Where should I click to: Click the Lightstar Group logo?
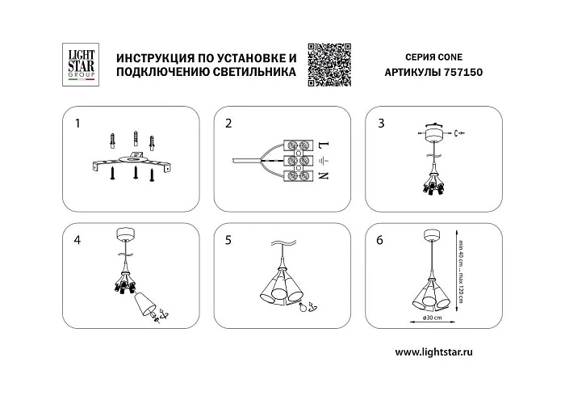(x=80, y=64)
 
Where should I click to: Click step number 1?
(x=77, y=124)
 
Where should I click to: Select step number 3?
(x=381, y=124)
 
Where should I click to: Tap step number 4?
(x=77, y=239)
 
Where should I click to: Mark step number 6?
(x=381, y=239)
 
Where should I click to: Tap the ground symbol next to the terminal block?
(x=323, y=160)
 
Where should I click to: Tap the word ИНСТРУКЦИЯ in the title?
(x=157, y=59)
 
